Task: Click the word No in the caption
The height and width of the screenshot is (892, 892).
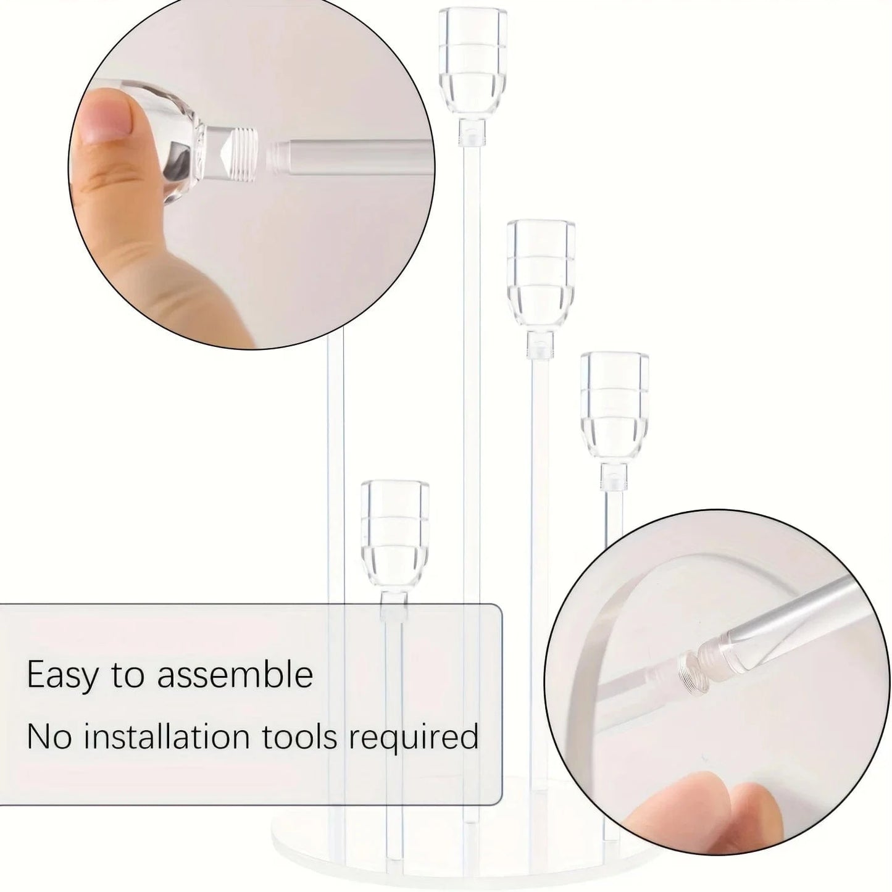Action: pos(49,737)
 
